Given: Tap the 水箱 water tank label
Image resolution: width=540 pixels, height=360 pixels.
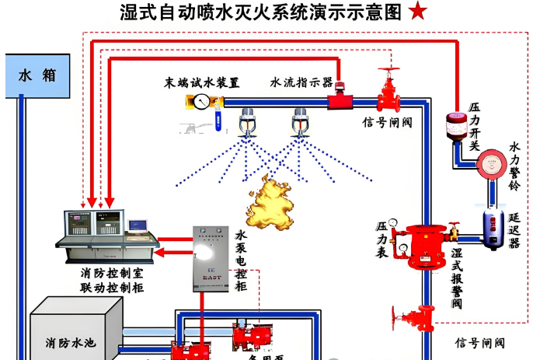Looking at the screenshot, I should [37, 75].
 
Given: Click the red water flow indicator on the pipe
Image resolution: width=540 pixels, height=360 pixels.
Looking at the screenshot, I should [339, 100].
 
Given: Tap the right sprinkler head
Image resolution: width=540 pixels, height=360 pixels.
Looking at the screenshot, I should [300, 123].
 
